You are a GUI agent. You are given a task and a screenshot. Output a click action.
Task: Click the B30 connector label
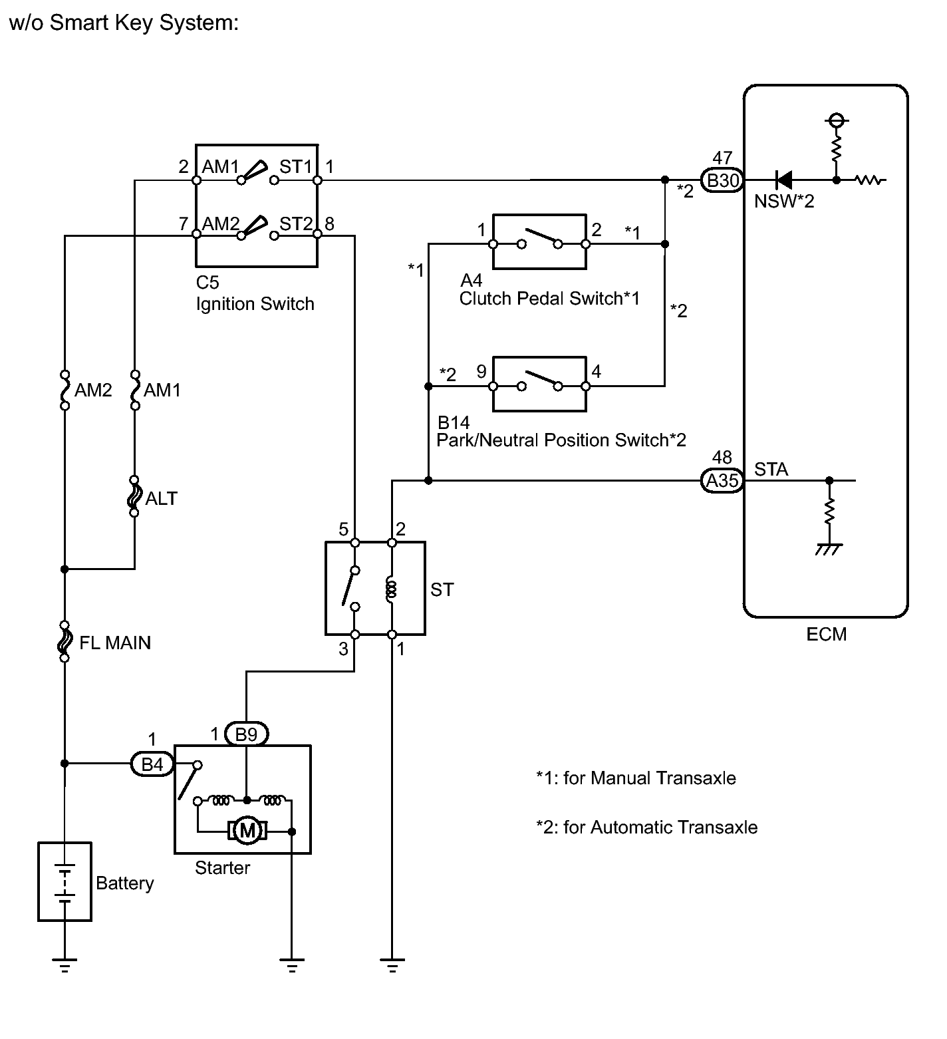pyautogui.click(x=723, y=180)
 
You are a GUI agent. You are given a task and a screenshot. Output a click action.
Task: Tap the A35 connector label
pyautogui.click(x=722, y=480)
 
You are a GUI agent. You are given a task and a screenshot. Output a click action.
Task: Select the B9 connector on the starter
pyautogui.click(x=247, y=734)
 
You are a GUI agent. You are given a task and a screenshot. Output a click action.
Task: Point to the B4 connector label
pyautogui.click(x=152, y=764)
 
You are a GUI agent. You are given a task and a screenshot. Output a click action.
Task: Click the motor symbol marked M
pyautogui.click(x=247, y=830)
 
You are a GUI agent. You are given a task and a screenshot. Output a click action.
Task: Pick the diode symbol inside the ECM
pyautogui.click(x=784, y=180)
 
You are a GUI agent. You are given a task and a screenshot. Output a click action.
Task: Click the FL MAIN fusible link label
pyautogui.click(x=115, y=643)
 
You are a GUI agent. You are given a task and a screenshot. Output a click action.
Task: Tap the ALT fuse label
pyautogui.click(x=162, y=498)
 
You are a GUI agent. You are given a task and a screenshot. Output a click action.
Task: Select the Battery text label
pyautogui.click(x=124, y=883)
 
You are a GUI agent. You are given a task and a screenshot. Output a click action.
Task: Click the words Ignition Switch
pyautogui.click(x=255, y=304)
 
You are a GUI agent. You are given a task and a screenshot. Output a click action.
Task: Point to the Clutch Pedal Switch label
pyautogui.click(x=549, y=299)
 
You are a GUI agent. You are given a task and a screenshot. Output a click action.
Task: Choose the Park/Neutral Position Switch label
pyautogui.click(x=561, y=440)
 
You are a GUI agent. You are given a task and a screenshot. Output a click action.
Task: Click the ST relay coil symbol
pyautogui.click(x=392, y=590)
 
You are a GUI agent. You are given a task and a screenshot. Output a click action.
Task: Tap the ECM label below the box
pyautogui.click(x=826, y=634)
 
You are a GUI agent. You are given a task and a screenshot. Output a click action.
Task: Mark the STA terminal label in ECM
pyautogui.click(x=771, y=470)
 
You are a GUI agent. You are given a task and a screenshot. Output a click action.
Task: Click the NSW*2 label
pyautogui.click(x=784, y=201)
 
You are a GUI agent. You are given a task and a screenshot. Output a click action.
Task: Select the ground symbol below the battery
pyautogui.click(x=65, y=965)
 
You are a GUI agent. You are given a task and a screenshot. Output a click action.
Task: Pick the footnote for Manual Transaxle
pyautogui.click(x=636, y=778)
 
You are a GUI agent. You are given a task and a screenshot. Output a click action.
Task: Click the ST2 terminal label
pyautogui.click(x=295, y=223)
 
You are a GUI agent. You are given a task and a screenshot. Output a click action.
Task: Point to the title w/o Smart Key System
pyautogui.click(x=124, y=23)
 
